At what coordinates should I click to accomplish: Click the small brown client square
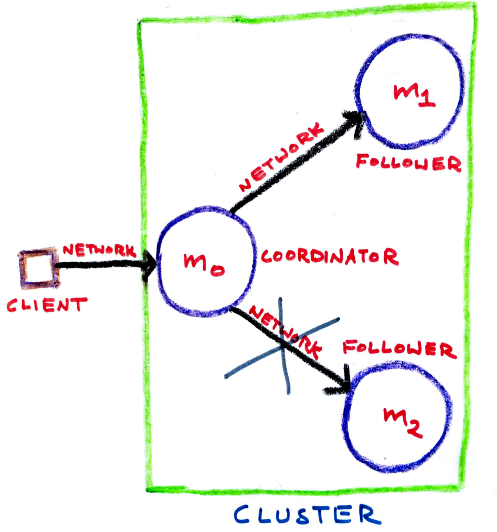[38, 267]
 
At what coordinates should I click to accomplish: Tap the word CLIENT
[47, 305]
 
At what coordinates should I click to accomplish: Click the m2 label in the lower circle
[402, 421]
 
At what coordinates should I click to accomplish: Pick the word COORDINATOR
[329, 257]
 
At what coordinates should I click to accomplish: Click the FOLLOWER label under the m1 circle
[408, 163]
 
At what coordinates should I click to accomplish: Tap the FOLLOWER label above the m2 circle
[399, 350]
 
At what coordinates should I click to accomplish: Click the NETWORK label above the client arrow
[99, 250]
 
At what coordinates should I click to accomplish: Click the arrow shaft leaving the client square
[99, 265]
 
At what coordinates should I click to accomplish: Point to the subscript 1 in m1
[427, 99]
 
